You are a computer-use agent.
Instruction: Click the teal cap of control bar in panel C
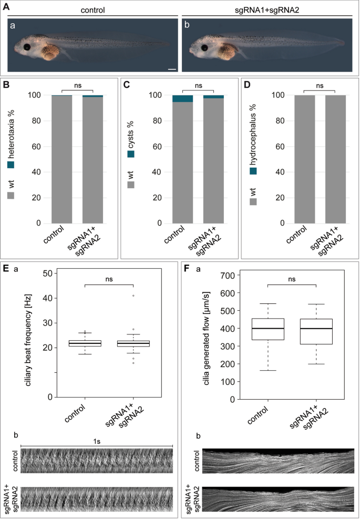click(x=182, y=98)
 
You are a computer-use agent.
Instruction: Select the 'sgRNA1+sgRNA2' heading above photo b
click(x=266, y=9)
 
